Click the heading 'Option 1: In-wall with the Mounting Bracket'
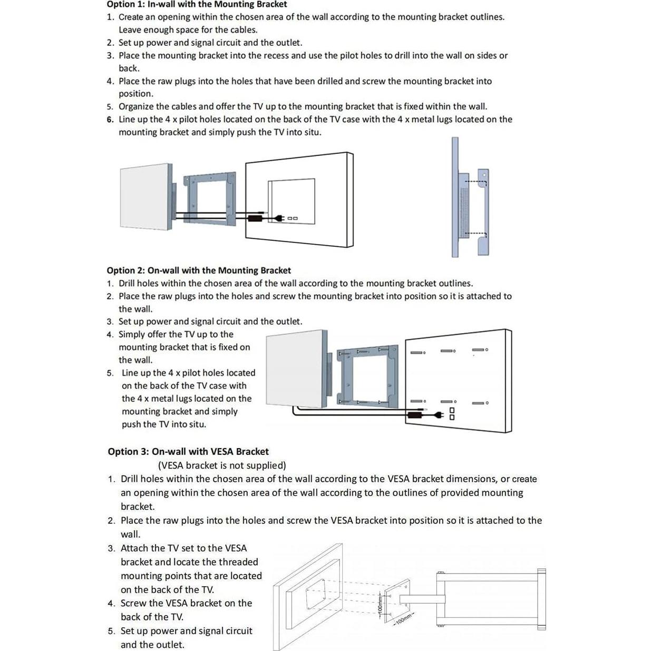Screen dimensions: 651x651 197,5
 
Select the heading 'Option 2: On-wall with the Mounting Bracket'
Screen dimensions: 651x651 199,270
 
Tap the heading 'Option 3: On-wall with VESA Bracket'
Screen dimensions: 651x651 188,452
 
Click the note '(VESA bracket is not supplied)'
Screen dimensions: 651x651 222,465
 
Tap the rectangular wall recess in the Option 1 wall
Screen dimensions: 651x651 292,198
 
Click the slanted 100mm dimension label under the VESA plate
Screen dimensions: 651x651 403,619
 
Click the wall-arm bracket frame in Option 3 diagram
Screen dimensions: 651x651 490,599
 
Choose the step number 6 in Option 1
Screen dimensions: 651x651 110,120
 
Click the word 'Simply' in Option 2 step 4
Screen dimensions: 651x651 132,334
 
